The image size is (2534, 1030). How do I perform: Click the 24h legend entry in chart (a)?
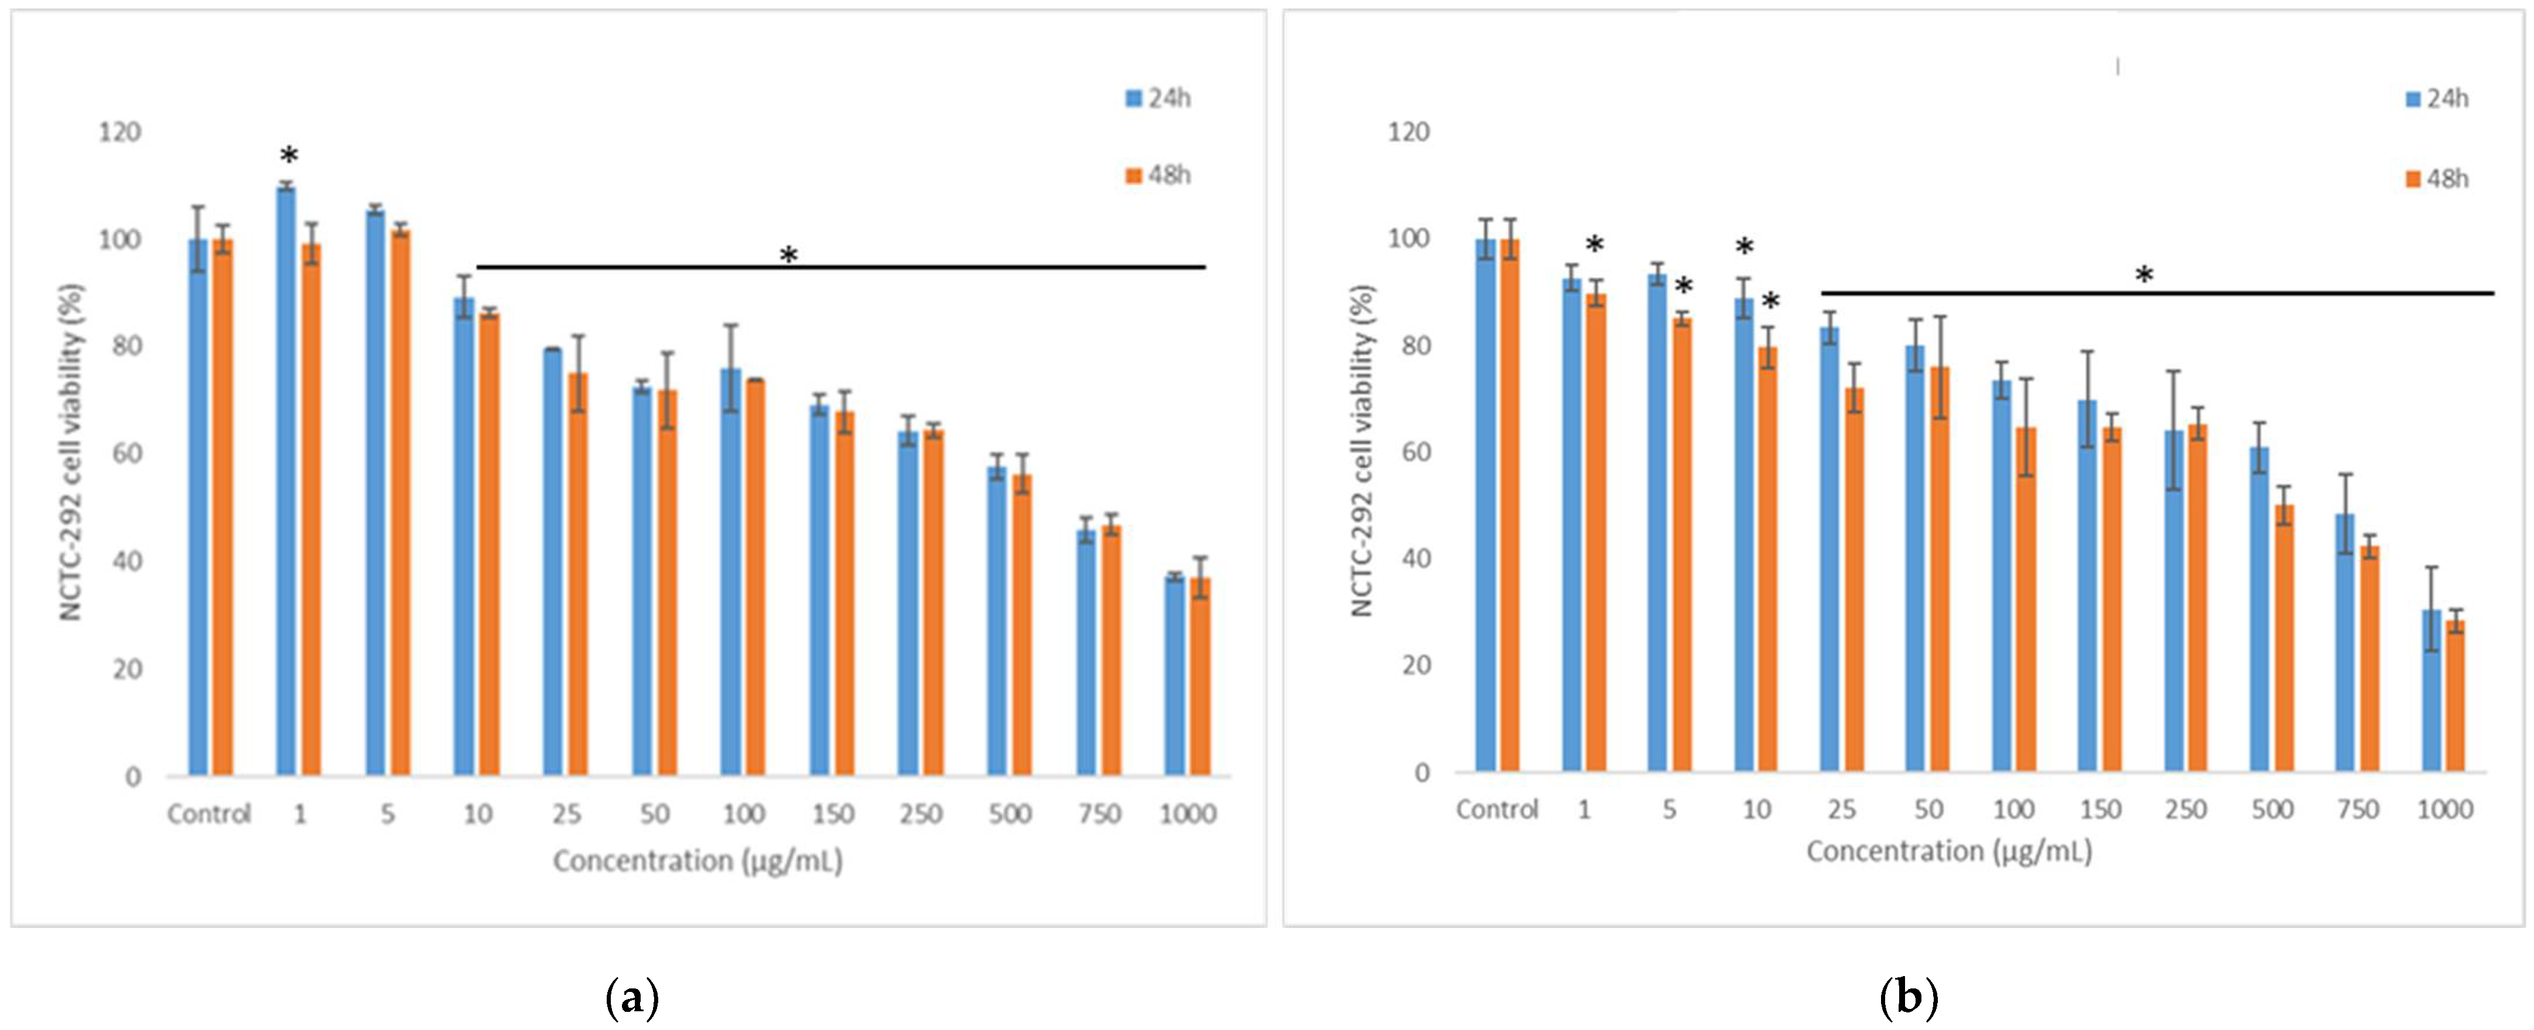[1159, 98]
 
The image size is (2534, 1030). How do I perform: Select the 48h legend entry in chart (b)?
[2437, 179]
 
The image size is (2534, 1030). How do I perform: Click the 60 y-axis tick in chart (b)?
[1408, 453]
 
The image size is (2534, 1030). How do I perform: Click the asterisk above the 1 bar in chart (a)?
[288, 155]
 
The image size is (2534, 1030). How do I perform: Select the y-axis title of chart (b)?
[1362, 450]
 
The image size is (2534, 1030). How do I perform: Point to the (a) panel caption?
[631, 998]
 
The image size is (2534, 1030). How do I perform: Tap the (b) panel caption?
[1909, 998]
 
